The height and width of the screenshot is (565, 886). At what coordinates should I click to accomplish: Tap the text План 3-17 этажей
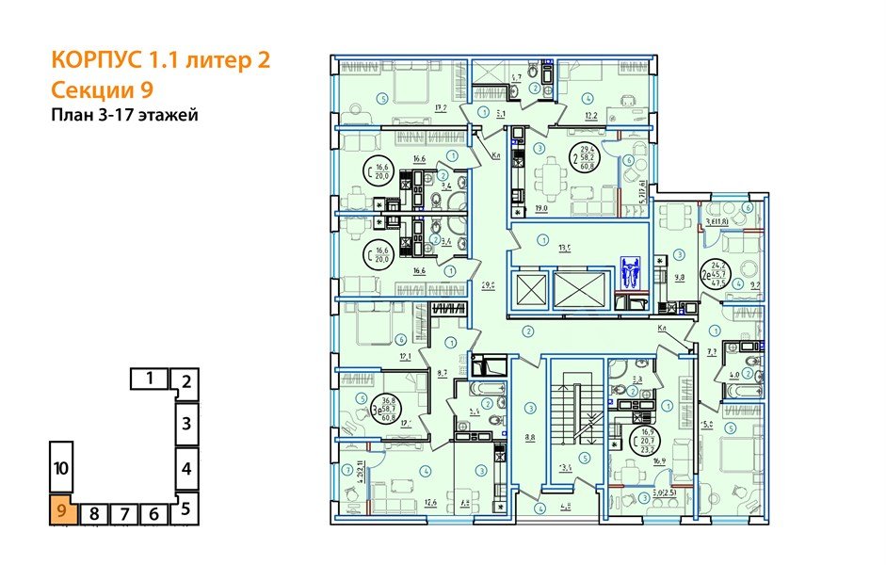click(x=124, y=116)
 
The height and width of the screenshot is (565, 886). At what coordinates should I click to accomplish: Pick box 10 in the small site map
click(x=60, y=467)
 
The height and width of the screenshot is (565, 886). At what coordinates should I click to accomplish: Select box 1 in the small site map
click(x=149, y=379)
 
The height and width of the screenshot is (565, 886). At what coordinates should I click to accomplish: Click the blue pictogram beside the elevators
click(x=630, y=273)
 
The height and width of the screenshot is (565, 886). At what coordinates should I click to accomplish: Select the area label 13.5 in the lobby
click(x=565, y=250)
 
